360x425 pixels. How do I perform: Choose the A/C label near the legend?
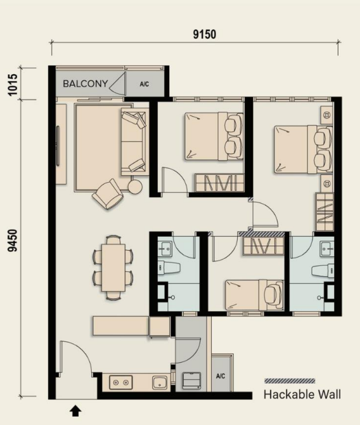click(x=221, y=376)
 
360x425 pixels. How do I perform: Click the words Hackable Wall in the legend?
click(x=302, y=395)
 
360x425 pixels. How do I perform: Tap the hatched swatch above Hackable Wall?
click(x=290, y=381)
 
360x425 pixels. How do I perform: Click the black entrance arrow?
click(x=75, y=412)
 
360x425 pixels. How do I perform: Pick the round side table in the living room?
click(x=135, y=186)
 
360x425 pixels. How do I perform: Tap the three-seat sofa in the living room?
click(x=134, y=141)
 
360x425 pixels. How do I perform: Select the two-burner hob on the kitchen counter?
click(x=120, y=382)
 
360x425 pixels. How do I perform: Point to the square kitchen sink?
click(x=160, y=382)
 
